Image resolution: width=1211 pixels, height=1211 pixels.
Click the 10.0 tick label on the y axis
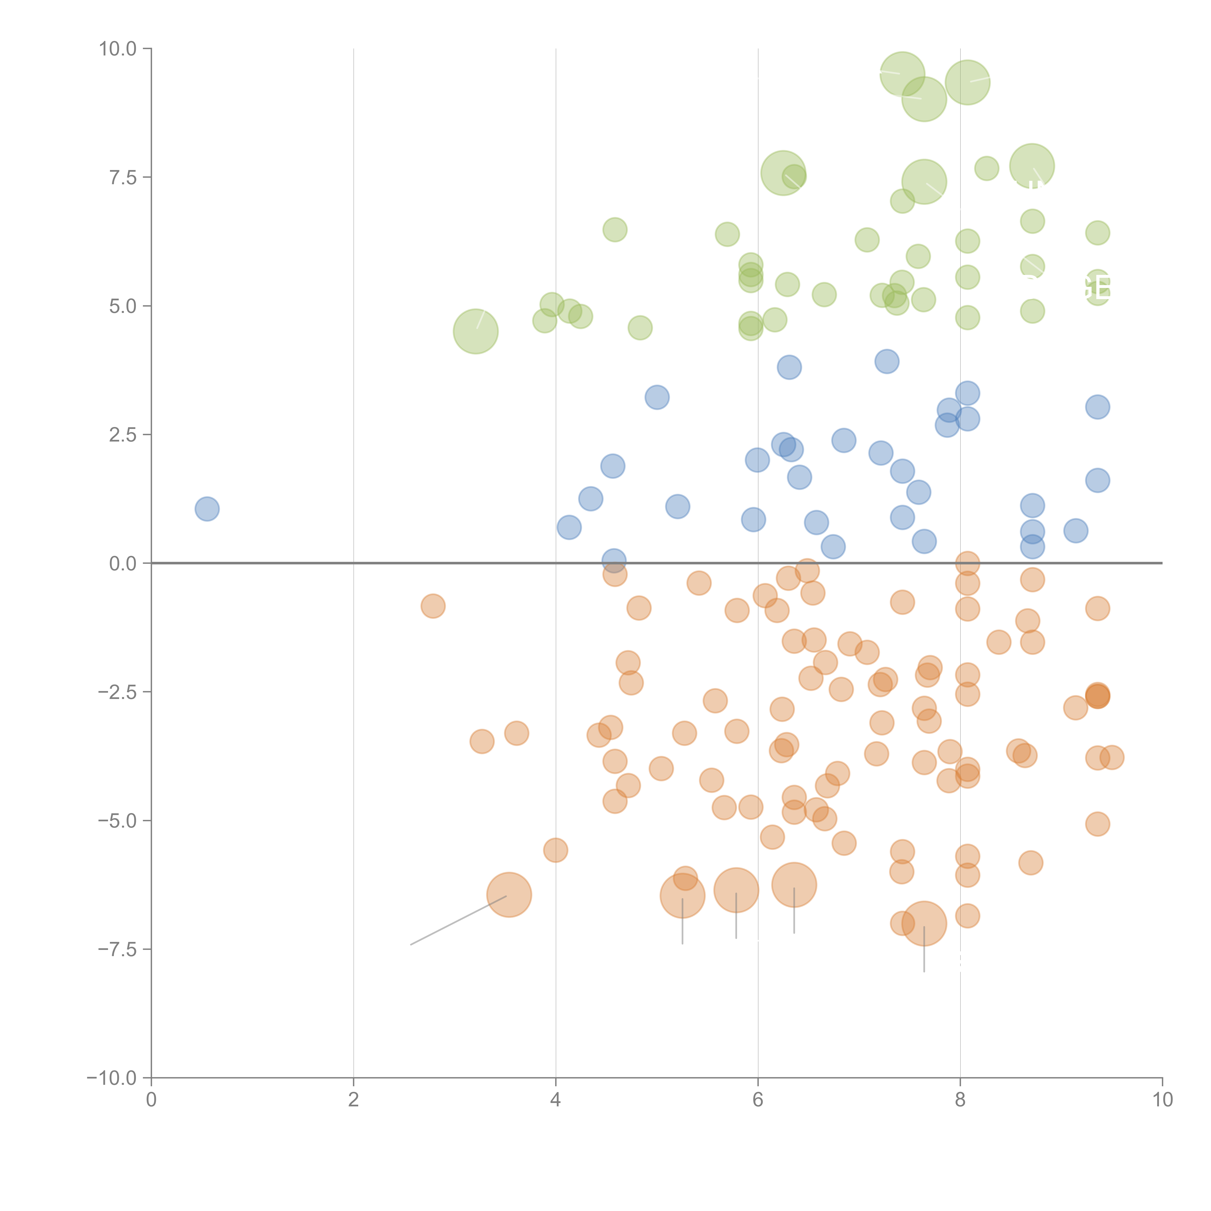click(118, 49)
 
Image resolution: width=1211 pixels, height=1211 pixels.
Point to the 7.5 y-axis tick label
click(123, 177)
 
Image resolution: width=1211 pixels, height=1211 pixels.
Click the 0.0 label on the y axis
click(123, 564)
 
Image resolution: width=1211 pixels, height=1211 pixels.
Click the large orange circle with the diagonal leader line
click(509, 894)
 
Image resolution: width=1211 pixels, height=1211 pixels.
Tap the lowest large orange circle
click(924, 923)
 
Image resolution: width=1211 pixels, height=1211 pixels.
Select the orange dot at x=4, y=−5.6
click(555, 851)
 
